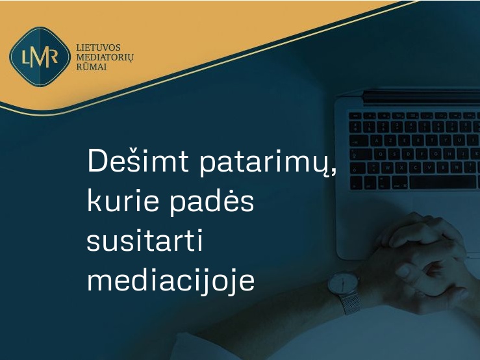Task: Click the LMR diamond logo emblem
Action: coord(40,57)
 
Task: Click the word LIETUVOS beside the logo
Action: coord(98,48)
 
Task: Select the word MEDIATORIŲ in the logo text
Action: coord(105,58)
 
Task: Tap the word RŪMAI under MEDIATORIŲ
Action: coord(91,67)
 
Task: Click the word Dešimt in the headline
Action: coord(138,161)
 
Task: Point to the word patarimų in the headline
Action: coord(264,163)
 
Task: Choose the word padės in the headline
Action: coord(212,203)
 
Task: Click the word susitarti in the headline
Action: coord(144,240)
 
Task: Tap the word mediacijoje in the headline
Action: coord(171,279)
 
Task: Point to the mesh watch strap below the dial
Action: coord(351,303)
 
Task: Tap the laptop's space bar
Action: coord(442,183)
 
